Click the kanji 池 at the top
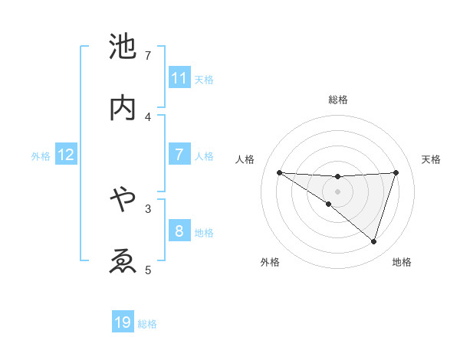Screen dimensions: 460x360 click(x=123, y=47)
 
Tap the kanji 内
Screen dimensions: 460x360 click(x=123, y=107)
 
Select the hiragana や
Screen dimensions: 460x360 click(x=123, y=200)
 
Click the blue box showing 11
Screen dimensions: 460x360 click(x=179, y=78)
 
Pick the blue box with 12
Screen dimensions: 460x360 click(x=66, y=155)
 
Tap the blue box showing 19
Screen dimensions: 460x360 click(x=123, y=322)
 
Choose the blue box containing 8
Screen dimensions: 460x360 click(x=179, y=231)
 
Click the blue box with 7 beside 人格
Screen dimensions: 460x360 click(x=179, y=155)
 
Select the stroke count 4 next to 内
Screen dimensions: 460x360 click(x=149, y=116)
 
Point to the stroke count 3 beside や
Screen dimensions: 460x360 click(x=148, y=208)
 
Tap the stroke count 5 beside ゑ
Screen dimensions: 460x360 click(x=148, y=269)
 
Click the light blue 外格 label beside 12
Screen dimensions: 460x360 click(x=41, y=156)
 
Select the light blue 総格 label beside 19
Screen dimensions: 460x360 click(x=147, y=324)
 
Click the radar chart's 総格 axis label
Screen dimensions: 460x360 click(x=337, y=100)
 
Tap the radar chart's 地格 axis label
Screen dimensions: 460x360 click(x=402, y=262)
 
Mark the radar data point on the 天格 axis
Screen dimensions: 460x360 click(x=396, y=172)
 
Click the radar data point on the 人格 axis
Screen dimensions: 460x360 click(x=279, y=172)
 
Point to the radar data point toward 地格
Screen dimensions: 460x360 click(x=373, y=241)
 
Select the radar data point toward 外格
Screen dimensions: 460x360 click(x=329, y=204)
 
